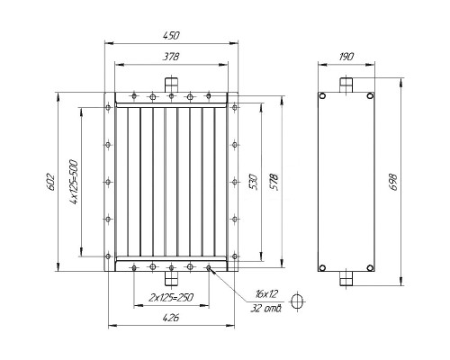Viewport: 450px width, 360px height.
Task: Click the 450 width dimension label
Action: [x=171, y=36]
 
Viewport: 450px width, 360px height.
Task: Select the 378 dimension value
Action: [x=171, y=57]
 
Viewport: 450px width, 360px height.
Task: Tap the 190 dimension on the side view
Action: [x=346, y=57]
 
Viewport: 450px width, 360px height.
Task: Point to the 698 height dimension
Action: [x=392, y=182]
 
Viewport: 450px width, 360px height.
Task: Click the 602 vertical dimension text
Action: [x=49, y=182]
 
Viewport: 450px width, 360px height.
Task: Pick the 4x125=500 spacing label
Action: [x=74, y=182]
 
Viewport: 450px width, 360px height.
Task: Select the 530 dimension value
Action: [x=254, y=182]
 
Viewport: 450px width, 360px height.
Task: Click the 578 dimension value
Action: [x=274, y=182]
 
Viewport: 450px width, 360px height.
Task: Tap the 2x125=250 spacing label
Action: [x=171, y=297]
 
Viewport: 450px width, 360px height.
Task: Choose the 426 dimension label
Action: [x=171, y=318]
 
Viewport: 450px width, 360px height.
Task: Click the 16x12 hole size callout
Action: [x=266, y=293]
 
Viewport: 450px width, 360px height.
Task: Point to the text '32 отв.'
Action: [x=265, y=308]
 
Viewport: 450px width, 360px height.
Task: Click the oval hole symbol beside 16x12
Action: [x=298, y=301]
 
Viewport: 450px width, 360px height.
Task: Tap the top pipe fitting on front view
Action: [x=171, y=85]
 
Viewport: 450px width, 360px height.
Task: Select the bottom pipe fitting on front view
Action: [x=171, y=278]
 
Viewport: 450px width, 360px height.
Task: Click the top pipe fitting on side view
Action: [x=346, y=85]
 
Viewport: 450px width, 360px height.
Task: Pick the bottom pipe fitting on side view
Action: [x=346, y=278]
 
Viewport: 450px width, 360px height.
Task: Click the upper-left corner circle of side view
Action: [x=322, y=96]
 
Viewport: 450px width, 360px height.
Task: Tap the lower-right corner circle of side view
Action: [x=370, y=267]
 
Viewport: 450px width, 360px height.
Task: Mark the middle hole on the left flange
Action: [x=108, y=182]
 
